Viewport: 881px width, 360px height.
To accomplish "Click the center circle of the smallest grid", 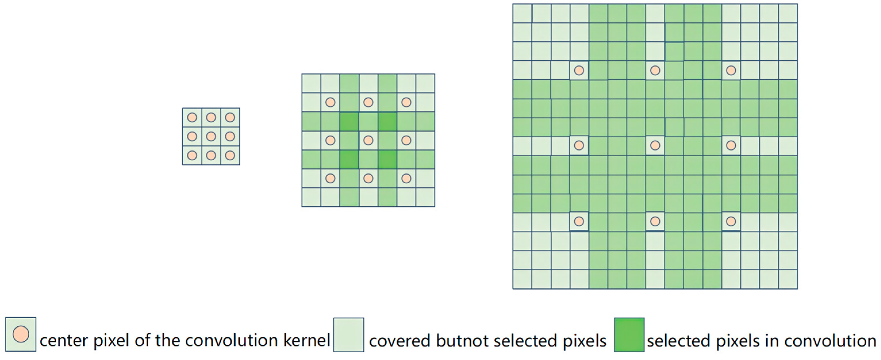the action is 211,136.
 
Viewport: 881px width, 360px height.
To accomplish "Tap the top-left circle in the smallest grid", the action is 192,118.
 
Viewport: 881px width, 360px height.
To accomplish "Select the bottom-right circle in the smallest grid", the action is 230,155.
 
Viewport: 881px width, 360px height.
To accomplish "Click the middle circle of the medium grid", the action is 368,140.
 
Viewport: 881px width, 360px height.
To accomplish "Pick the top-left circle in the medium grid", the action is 330,102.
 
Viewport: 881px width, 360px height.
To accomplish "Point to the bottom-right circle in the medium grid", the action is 406,178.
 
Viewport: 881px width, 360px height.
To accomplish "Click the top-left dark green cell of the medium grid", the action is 349,121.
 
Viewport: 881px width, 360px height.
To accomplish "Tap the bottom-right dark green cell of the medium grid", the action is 387,159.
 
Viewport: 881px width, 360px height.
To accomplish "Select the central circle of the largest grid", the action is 655,146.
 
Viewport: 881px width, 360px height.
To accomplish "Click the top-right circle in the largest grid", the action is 731,70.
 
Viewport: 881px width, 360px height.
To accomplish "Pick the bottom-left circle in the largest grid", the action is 579,221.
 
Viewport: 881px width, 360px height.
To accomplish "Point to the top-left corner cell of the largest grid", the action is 522,13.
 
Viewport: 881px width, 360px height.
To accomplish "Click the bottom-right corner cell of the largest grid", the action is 788,279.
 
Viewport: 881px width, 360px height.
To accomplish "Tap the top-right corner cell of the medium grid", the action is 425,83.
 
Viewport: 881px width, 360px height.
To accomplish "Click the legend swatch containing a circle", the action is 20,334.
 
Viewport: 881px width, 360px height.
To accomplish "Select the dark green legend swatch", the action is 629,335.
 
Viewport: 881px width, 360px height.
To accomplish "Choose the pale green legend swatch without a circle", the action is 349,335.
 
